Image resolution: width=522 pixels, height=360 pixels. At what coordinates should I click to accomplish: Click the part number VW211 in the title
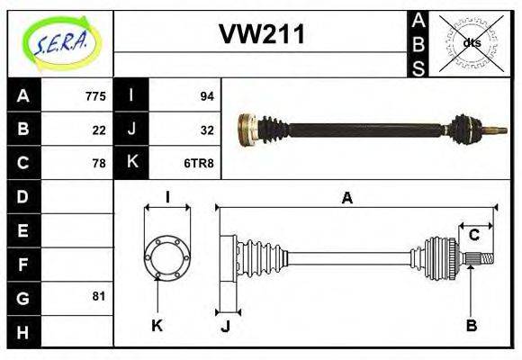[262, 34]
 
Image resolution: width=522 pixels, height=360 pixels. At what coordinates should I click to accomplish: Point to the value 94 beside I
[206, 95]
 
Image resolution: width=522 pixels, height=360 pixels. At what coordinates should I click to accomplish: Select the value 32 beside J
[206, 130]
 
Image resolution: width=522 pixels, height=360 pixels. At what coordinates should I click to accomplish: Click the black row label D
[23, 195]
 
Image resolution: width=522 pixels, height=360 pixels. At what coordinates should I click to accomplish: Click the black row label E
[23, 229]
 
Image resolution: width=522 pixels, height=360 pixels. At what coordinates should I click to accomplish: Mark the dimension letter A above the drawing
[346, 199]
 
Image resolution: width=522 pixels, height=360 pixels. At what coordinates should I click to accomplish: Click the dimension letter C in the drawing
[473, 236]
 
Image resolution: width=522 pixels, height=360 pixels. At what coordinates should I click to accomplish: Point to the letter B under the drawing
[471, 325]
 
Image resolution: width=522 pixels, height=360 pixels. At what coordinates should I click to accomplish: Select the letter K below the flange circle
[157, 325]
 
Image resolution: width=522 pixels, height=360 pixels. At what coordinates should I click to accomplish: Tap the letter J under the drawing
[225, 325]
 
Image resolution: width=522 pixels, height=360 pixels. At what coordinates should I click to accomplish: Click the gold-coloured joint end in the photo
[246, 129]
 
